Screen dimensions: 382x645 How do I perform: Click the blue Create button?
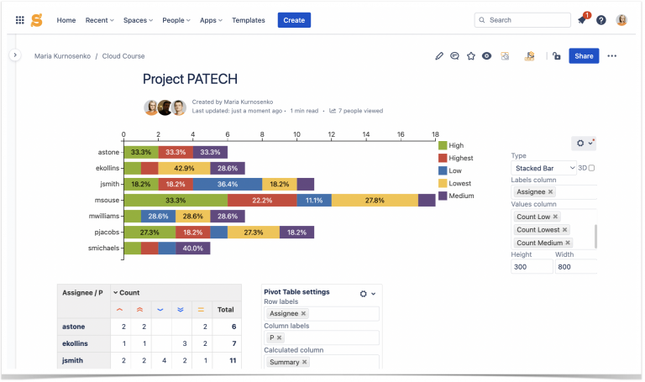click(294, 20)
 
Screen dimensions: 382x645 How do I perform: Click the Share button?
click(583, 56)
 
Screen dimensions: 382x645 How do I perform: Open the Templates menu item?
click(248, 20)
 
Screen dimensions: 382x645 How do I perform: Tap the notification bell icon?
click(581, 20)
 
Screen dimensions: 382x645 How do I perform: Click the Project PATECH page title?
click(190, 79)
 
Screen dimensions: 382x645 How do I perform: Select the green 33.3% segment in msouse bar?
click(176, 201)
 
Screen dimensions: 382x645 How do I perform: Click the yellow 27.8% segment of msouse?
click(375, 201)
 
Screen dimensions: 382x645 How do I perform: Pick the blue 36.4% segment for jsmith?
click(227, 184)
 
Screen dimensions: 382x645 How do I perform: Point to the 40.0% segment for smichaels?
click(193, 249)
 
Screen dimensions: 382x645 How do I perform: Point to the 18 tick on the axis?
click(434, 134)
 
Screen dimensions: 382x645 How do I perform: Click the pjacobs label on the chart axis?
click(107, 233)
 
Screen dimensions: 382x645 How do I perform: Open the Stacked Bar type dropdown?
click(543, 168)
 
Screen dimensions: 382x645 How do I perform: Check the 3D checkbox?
click(591, 168)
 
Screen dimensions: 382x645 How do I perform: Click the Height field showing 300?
click(532, 266)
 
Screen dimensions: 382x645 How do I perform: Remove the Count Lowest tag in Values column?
click(564, 229)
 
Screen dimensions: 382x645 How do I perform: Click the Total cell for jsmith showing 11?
click(225, 360)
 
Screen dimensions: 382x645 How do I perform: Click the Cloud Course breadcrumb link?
click(123, 56)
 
